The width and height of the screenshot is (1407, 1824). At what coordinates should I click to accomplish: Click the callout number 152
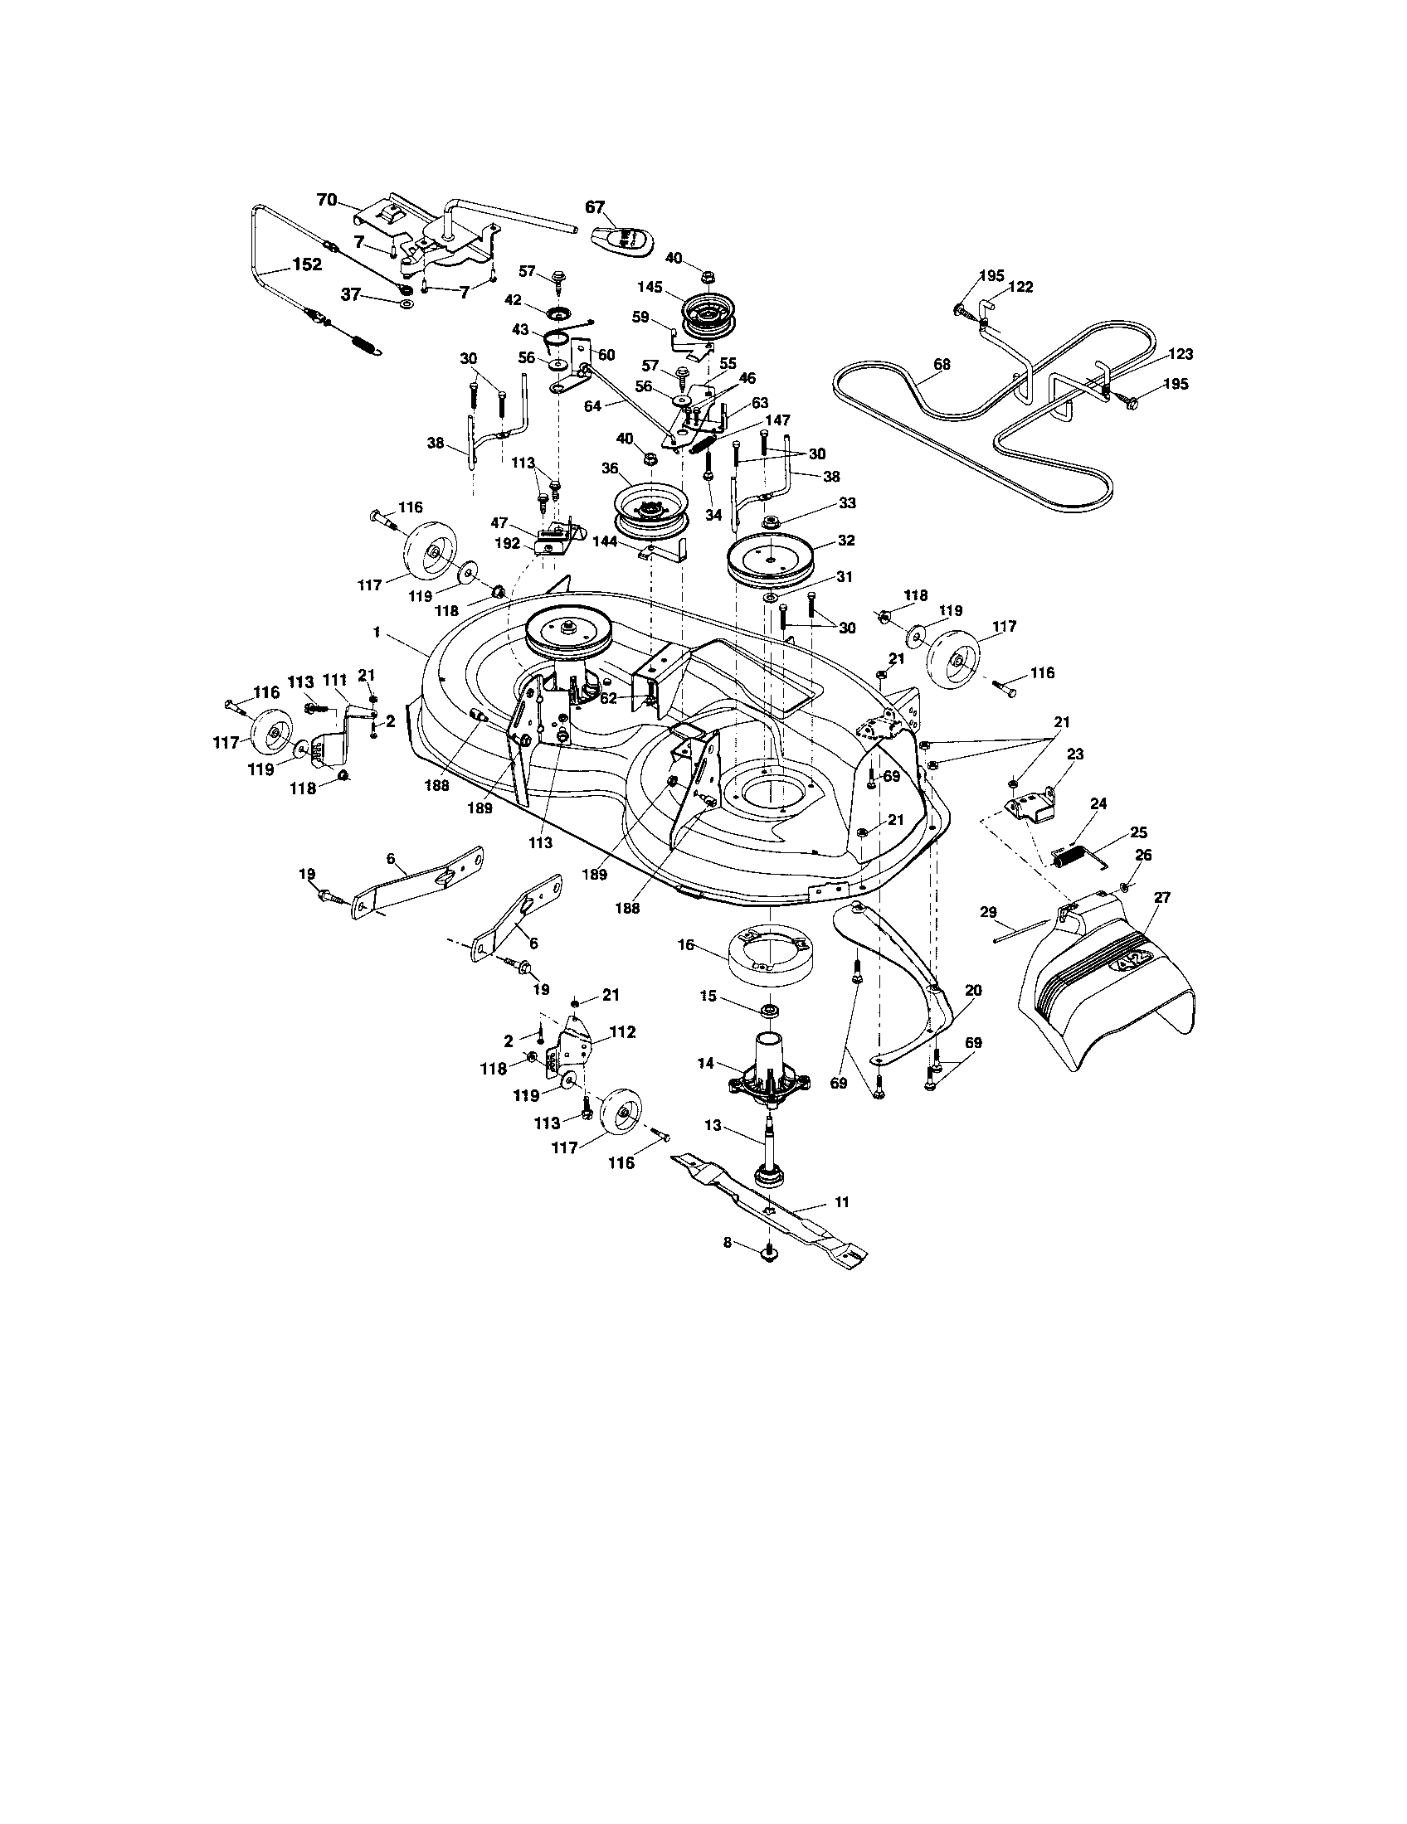(307, 264)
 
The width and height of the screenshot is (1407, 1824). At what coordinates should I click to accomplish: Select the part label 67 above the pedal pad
(595, 207)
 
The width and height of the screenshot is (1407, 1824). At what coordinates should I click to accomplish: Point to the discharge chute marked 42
(1111, 986)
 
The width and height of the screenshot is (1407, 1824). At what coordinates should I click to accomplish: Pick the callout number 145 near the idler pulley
(650, 287)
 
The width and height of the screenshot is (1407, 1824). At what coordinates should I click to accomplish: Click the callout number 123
(1181, 354)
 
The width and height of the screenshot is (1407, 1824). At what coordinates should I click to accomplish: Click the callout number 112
(622, 1032)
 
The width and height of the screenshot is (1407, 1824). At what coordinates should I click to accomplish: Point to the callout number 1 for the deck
(377, 635)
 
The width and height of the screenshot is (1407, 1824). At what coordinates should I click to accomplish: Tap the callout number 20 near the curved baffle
(972, 991)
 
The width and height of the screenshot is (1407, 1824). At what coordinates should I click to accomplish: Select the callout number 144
(604, 541)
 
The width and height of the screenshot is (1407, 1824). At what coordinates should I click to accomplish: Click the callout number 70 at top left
(326, 200)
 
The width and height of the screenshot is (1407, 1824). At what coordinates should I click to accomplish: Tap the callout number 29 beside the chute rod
(987, 913)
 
